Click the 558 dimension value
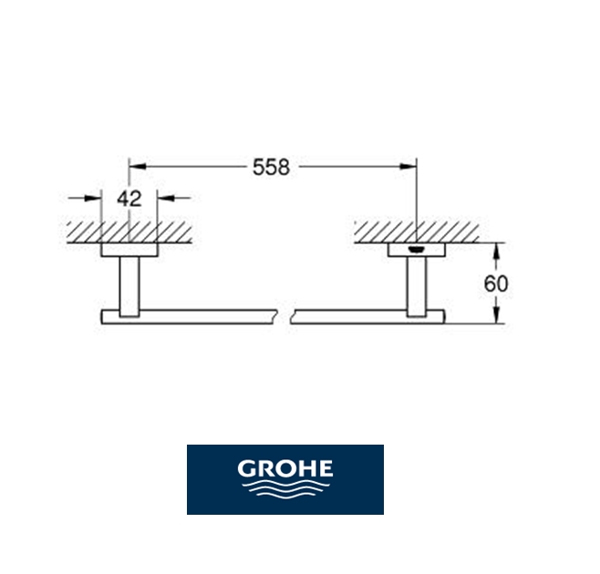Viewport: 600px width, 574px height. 272,167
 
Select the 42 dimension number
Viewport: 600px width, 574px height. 129,199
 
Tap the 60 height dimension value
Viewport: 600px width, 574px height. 496,283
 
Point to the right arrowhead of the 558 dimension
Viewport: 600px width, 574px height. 409,167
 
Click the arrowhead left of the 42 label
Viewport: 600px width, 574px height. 93,198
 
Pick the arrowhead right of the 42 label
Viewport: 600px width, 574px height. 165,198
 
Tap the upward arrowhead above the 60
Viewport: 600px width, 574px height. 496,251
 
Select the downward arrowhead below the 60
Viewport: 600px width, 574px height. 496,314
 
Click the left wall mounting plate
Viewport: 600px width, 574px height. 129,250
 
